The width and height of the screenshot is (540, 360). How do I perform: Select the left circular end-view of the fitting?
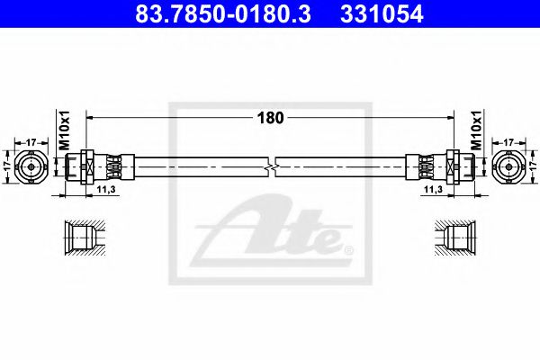pyautogui.click(x=32, y=166)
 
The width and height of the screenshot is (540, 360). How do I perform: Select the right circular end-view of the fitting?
pyautogui.click(x=508, y=166)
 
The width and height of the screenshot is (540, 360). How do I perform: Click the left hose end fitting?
pyautogui.click(x=99, y=166)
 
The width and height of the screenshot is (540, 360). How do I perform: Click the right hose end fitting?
pyautogui.click(x=440, y=166)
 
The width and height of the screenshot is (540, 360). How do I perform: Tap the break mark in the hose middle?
pyautogui.click(x=272, y=166)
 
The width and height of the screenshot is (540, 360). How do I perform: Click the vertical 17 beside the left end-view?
pyautogui.click(x=7, y=166)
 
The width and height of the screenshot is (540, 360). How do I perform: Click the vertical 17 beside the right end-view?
pyautogui.click(x=533, y=166)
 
